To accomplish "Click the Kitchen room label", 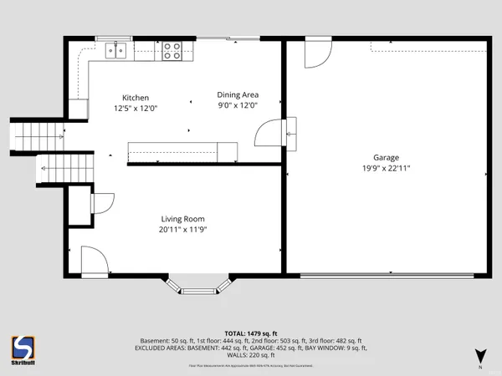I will pos(136,97).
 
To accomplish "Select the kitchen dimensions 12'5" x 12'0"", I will pos(136,108).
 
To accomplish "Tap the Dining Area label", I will pos(237,94).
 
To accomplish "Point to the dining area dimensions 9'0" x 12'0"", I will pos(237,105).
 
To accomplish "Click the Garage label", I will pos(386,157).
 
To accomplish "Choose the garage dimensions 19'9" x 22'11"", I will pos(386,168).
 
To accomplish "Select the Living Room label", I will pos(182,219).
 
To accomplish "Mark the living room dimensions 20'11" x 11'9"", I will pos(182,230).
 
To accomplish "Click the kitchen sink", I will pos(116,49).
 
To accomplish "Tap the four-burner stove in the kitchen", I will pos(173,50).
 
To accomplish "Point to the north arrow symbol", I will pos(479,355).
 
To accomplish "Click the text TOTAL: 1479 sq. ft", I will pos(251,332).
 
